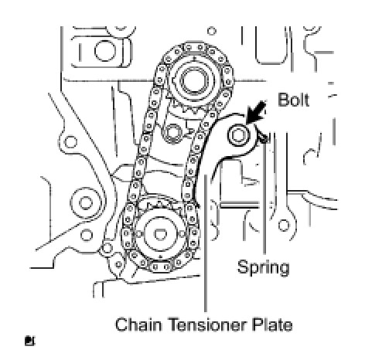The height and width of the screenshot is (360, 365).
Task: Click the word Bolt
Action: click(x=294, y=100)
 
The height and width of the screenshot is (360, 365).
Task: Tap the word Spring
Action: click(x=263, y=268)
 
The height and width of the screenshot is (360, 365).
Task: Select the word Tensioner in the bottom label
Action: click(x=208, y=324)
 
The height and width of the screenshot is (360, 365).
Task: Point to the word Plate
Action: click(x=272, y=324)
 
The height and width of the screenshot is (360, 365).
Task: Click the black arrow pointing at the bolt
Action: click(x=256, y=111)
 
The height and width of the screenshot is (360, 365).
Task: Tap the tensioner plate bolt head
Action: click(x=239, y=134)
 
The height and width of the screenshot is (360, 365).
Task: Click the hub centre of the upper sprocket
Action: click(x=193, y=80)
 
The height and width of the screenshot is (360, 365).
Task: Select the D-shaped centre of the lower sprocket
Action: click(x=160, y=234)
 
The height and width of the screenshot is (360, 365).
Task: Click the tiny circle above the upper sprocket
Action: click(x=212, y=31)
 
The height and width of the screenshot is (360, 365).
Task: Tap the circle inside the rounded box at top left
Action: click(x=105, y=50)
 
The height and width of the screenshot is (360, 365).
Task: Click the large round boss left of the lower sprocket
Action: click(x=86, y=202)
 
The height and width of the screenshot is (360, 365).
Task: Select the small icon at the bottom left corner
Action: click(x=30, y=341)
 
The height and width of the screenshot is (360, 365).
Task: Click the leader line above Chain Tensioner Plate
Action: click(x=206, y=243)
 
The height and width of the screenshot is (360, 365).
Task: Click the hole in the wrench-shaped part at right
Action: click(x=284, y=226)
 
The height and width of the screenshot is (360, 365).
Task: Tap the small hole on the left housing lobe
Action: click(x=70, y=142)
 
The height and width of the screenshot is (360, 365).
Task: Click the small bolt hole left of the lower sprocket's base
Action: click(x=107, y=249)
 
